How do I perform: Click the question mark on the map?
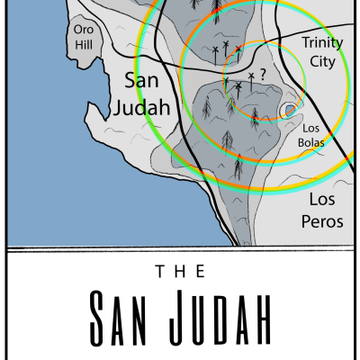tap(263, 76)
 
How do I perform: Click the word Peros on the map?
tap(325, 220)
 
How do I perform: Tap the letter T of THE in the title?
tap(160, 271)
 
